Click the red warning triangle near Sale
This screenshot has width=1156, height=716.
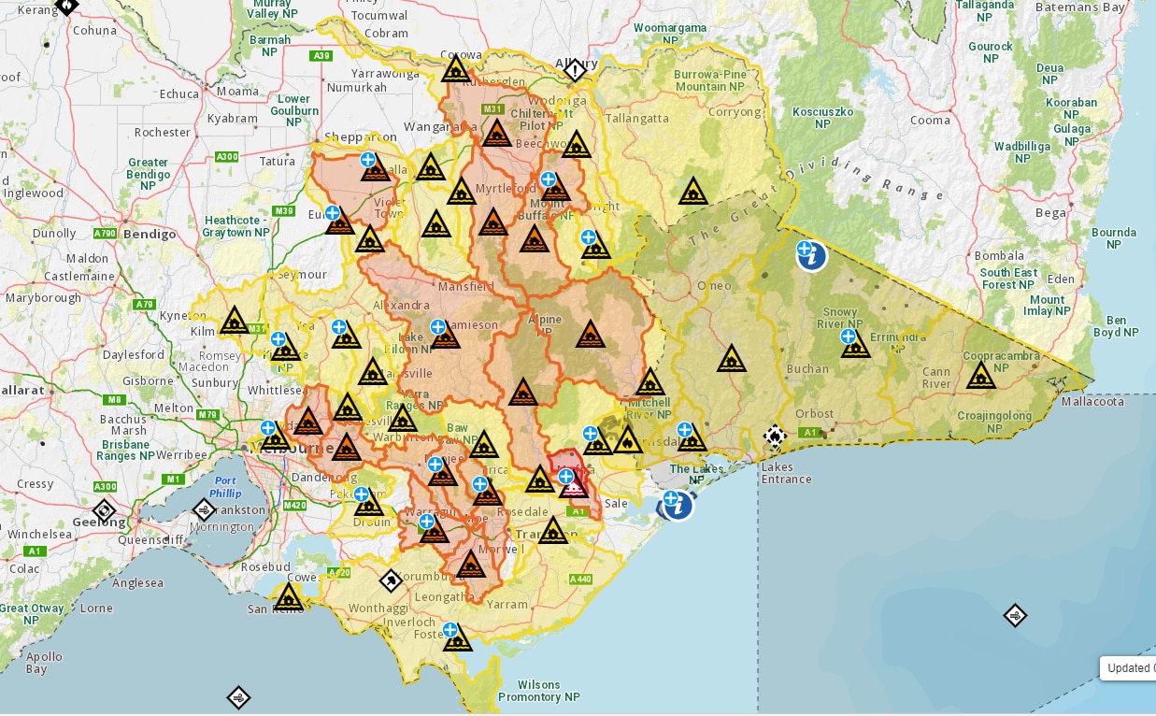coord(574,485)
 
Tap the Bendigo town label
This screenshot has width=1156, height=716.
coord(150,234)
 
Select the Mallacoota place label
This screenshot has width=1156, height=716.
coord(1093,401)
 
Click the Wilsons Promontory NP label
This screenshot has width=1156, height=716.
coord(538,691)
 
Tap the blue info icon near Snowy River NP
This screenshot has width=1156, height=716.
coord(812,255)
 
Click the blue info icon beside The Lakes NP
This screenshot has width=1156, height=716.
coord(678,507)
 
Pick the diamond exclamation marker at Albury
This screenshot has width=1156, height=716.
coord(575,70)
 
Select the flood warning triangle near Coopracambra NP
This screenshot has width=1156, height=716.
coord(980,376)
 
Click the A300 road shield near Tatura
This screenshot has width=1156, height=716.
coord(226,156)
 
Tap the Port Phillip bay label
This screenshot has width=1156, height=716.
coord(225,487)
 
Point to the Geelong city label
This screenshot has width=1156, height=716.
coord(98,522)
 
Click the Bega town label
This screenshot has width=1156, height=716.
coord(1050,212)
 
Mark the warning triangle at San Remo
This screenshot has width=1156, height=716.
coord(288,597)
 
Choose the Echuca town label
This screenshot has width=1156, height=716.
coord(179,93)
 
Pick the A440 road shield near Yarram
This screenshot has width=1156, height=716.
coord(581,580)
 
